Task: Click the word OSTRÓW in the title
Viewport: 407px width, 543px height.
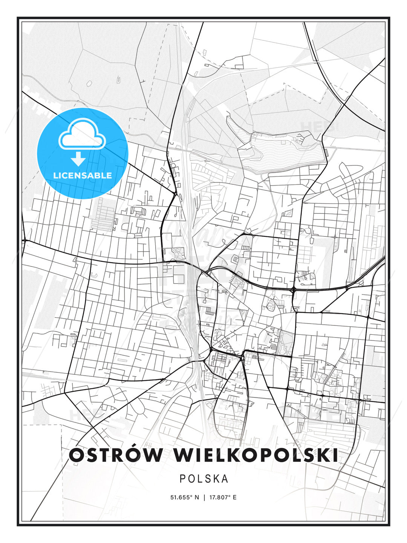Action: (116, 456)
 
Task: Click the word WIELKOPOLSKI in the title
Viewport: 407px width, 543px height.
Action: (256, 456)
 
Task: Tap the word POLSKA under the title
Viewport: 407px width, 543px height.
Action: (204, 479)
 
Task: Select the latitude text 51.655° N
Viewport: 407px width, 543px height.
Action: (185, 497)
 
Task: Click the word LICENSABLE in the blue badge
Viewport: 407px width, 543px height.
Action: (83, 175)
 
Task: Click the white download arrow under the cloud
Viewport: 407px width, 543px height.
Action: (78, 158)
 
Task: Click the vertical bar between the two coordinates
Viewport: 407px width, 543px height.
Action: (204, 497)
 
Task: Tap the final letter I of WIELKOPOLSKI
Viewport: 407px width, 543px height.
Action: (335, 456)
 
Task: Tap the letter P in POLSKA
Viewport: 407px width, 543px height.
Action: (182, 479)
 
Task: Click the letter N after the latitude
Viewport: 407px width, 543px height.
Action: (197, 497)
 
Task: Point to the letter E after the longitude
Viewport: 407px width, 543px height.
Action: (235, 497)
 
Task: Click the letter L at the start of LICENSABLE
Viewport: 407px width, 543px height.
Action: (55, 175)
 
